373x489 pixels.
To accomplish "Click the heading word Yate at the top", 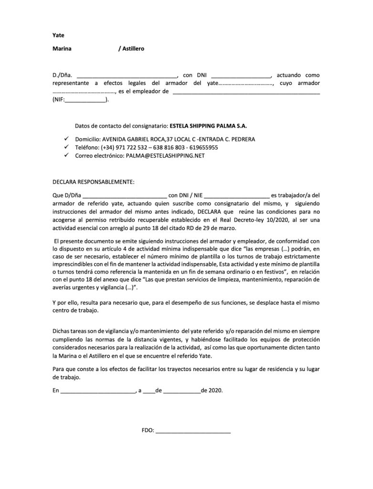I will coord(58,35).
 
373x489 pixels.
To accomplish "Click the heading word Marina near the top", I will coord(62,49).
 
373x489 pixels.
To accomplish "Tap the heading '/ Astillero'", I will coord(131,49).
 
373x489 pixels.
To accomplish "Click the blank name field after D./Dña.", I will coord(126,75).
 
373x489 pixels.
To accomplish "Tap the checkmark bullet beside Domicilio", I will coord(67,139).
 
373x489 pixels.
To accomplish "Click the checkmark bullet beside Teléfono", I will coord(67,148).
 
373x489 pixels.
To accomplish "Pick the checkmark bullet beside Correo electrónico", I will coord(67,156).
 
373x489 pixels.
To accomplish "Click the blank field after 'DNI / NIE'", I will coord(236,195).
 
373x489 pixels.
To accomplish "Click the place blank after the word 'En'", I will coord(98,390).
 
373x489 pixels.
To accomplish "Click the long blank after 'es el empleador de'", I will coord(246,92).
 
